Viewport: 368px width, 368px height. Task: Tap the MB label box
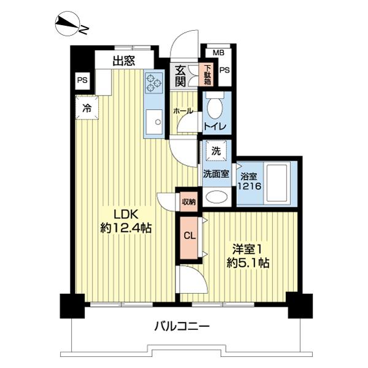[x=210, y=53]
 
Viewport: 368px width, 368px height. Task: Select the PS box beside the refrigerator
[x=82, y=80]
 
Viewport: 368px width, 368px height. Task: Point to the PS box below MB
[x=224, y=71]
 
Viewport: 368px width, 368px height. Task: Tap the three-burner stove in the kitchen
[x=153, y=81]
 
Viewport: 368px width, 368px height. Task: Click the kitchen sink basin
[x=154, y=121]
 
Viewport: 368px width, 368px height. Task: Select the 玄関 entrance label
[x=181, y=75]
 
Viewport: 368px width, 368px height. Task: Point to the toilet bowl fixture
[x=215, y=109]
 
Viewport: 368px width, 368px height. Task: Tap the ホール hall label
[x=183, y=111]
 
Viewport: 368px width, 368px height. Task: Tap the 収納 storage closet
[x=188, y=201]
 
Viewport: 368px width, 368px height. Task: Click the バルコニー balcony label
[x=183, y=326]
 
